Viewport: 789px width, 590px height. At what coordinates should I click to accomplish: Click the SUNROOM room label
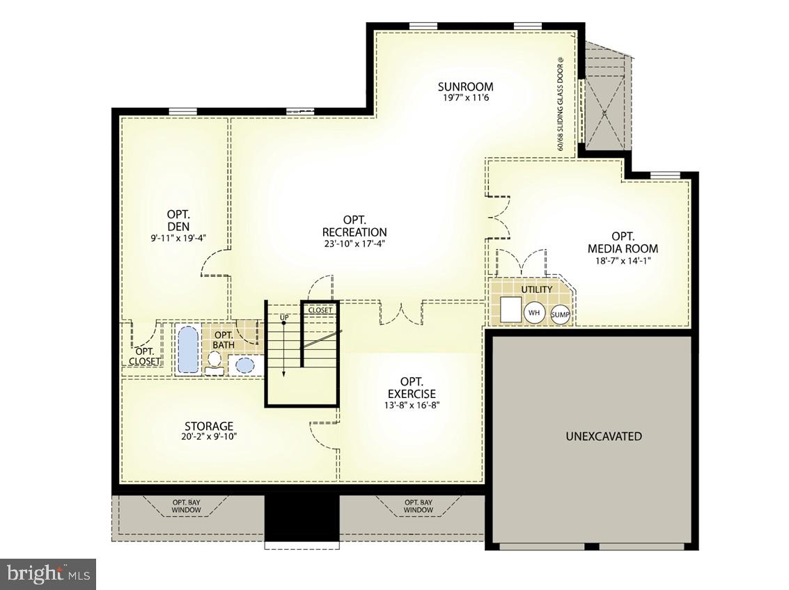click(x=465, y=87)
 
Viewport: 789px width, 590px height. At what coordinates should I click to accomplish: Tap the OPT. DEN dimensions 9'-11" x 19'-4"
click(x=173, y=237)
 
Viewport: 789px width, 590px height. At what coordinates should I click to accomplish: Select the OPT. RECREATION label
click(x=354, y=226)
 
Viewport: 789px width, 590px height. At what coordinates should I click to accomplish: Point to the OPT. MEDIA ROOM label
click(x=623, y=242)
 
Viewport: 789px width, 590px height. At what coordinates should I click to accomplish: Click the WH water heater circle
click(x=534, y=313)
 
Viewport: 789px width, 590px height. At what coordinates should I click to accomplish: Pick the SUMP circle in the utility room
click(x=560, y=315)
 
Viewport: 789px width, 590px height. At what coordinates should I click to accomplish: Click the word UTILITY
click(x=536, y=289)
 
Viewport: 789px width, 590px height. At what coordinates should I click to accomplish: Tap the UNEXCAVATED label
click(x=603, y=437)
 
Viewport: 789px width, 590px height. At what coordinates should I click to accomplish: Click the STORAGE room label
click(x=208, y=426)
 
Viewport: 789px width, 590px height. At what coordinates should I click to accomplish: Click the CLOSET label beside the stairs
click(x=320, y=310)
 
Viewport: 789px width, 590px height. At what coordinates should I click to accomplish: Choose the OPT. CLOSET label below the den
click(x=145, y=356)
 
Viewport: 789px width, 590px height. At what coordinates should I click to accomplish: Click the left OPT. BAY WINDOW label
click(x=187, y=506)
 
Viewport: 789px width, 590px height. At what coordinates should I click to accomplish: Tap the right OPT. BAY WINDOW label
click(x=418, y=506)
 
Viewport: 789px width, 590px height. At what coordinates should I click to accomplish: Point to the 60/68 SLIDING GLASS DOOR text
click(x=560, y=104)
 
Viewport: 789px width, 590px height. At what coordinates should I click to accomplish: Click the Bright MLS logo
click(x=48, y=574)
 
